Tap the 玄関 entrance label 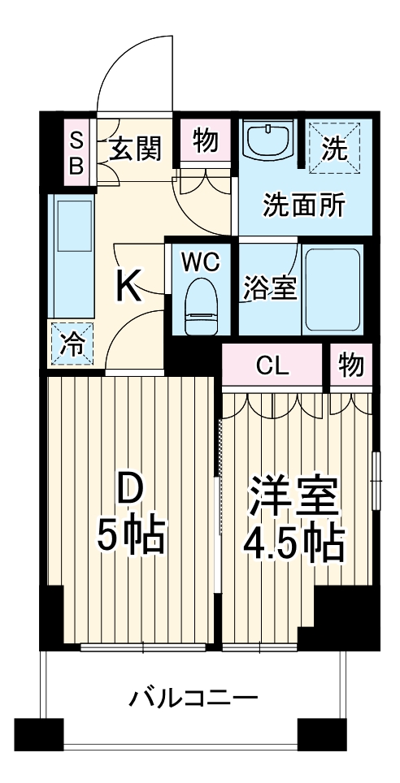pyautogui.click(x=135, y=149)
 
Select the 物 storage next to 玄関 pyautogui.click(x=205, y=141)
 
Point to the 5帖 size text pyautogui.click(x=132, y=534)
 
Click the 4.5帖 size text pyautogui.click(x=294, y=545)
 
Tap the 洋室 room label pyautogui.click(x=294, y=496)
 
